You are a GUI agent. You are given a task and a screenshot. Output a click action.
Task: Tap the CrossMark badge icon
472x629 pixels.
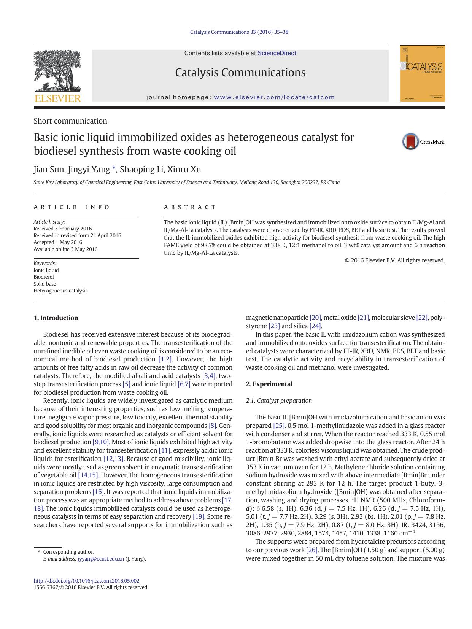click(x=410, y=142)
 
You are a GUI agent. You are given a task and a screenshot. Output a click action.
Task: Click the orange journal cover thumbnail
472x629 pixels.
click(x=422, y=73)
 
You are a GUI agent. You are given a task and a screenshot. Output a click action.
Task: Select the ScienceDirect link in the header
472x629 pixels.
click(x=277, y=53)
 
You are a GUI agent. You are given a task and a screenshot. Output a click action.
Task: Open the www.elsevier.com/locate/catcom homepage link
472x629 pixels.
click(x=274, y=97)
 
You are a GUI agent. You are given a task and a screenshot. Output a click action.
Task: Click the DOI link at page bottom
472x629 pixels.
click(x=86, y=581)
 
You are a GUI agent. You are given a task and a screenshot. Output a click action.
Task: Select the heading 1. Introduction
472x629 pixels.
click(x=56, y=318)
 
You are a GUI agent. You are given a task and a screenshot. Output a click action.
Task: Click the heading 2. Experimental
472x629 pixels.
click(x=269, y=384)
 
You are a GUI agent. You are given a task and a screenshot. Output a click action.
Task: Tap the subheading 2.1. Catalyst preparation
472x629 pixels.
click(x=279, y=400)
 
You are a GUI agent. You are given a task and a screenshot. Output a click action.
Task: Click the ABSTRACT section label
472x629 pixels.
click(x=190, y=207)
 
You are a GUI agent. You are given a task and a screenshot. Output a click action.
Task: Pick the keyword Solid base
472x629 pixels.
click(x=44, y=284)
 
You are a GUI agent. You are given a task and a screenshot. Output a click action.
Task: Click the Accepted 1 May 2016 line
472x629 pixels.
click(x=58, y=242)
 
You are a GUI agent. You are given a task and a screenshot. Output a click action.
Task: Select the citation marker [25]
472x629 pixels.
click(x=278, y=426)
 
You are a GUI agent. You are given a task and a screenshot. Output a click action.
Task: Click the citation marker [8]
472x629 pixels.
click(x=212, y=426)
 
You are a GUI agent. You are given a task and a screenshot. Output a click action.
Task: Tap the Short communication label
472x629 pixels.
click(x=70, y=121)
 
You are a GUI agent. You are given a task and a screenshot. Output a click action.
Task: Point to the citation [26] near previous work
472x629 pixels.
click(x=312, y=550)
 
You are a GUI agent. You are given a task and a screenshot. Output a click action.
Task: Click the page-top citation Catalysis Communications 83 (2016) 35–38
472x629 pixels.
click(x=239, y=32)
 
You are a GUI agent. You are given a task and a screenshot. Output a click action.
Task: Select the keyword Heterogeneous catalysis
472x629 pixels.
click(x=60, y=291)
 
